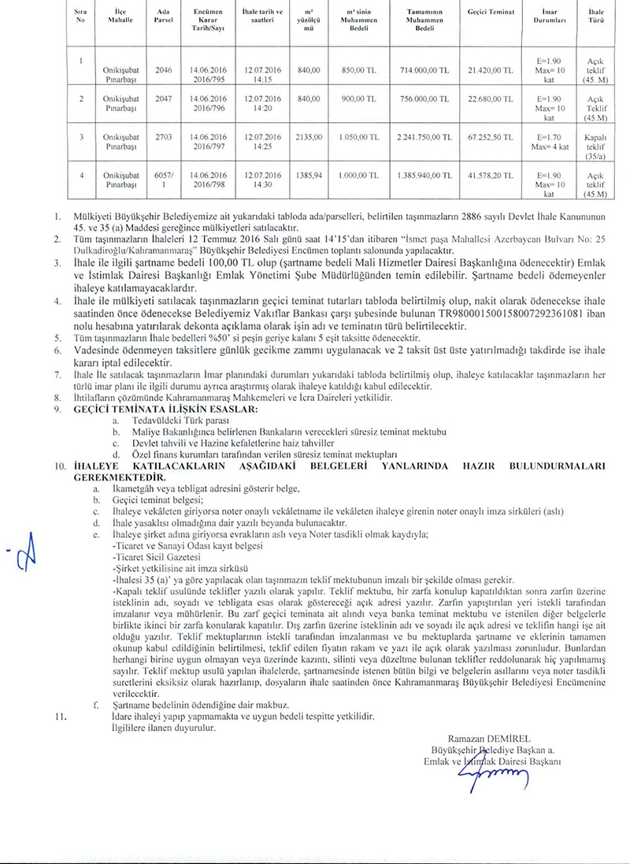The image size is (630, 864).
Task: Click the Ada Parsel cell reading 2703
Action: coord(164,137)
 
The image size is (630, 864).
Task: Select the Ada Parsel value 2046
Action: coord(164,70)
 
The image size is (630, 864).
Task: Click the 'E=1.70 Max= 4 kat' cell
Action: coord(550,141)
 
